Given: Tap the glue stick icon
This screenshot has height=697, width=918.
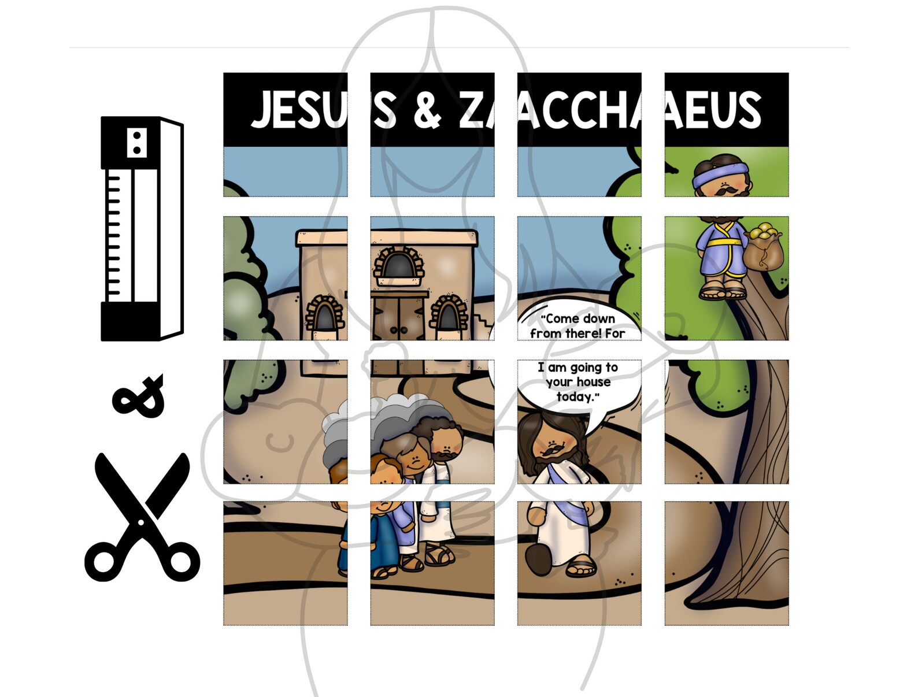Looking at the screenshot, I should pos(142,228).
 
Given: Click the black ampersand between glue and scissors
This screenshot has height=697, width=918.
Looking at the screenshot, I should pos(139,396).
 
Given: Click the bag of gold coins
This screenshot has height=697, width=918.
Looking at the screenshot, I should pos(764,249).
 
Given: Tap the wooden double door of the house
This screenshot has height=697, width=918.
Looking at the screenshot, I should pos(399,318).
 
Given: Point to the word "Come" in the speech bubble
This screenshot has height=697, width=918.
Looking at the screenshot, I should pos(561,319).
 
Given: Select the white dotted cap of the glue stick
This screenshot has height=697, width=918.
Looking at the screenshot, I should pos(136,142).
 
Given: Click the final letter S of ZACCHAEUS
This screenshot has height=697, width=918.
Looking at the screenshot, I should pos(749,110).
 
